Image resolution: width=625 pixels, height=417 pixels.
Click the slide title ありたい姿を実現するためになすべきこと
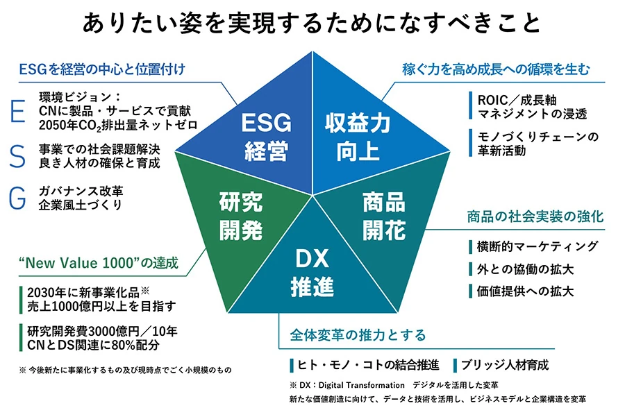(312, 23)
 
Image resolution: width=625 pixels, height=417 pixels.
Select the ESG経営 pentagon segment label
(267, 137)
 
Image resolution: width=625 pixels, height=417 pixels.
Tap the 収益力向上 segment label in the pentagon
(358, 137)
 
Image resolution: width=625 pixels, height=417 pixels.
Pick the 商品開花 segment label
(384, 216)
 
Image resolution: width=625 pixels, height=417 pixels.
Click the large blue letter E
(19, 111)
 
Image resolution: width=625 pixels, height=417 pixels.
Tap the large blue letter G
(19, 198)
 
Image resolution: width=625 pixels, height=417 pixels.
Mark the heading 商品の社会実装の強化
(535, 217)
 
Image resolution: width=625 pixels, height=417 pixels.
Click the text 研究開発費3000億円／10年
(98, 330)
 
